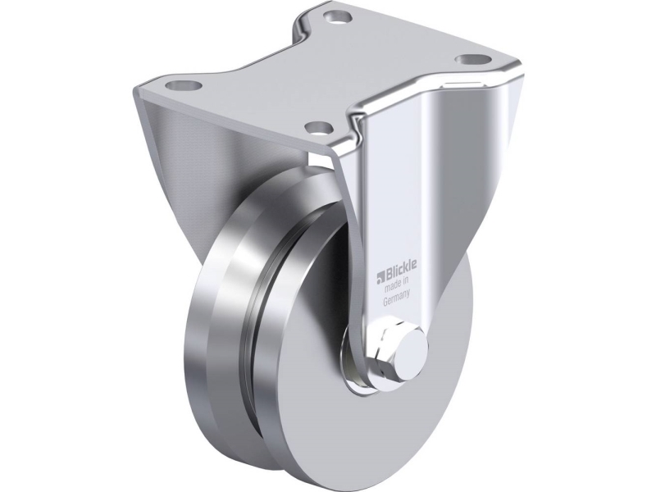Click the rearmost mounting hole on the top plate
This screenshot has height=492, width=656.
tap(336, 17)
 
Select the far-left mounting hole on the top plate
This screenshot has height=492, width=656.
tap(184, 86)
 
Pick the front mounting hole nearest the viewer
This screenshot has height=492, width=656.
tap(318, 126)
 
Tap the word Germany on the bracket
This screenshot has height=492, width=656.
tap(396, 299)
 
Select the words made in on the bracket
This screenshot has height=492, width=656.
tap(396, 286)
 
